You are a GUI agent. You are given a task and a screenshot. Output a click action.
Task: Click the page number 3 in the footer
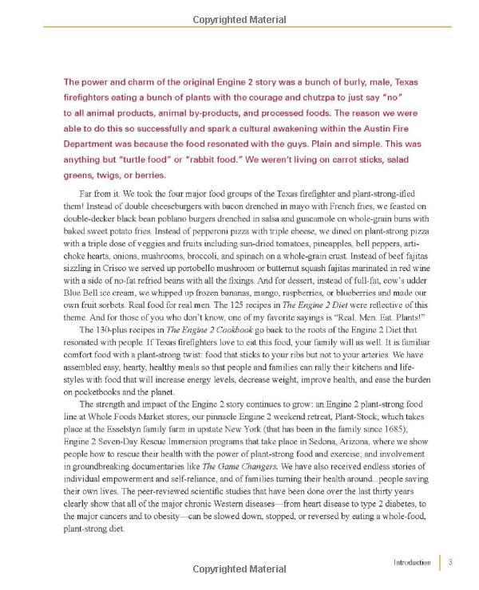451,563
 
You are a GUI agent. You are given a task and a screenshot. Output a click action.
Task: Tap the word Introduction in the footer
412,563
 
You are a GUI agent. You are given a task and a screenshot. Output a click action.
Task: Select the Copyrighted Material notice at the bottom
239,571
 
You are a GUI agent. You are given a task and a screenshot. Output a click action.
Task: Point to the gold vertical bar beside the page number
440,563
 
